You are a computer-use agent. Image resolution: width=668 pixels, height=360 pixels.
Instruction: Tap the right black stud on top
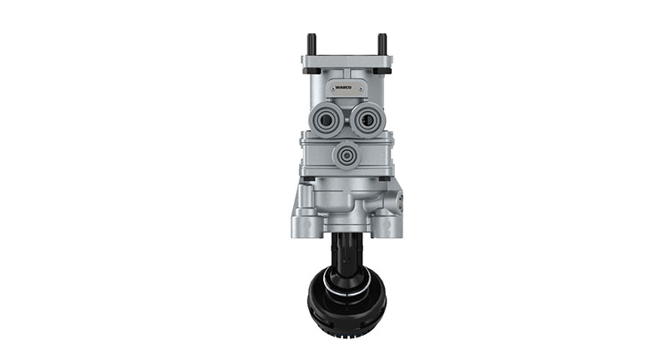pyautogui.click(x=382, y=43)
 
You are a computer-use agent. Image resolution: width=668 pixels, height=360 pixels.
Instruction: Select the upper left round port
pyautogui.click(x=325, y=120)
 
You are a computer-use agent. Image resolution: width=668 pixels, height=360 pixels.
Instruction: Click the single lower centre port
pyautogui.click(x=344, y=155)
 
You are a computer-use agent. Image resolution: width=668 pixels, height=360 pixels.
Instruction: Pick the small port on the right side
pyautogui.click(x=399, y=201)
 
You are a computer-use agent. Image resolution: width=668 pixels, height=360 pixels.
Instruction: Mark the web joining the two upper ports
pyautogui.click(x=345, y=119)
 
